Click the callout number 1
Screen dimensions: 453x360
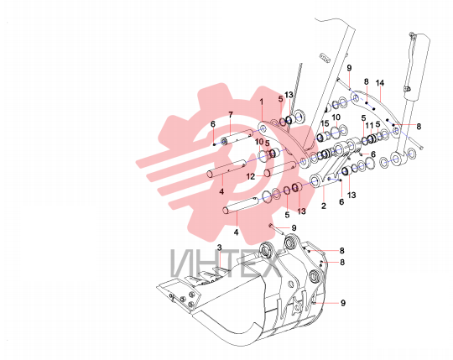[262, 102]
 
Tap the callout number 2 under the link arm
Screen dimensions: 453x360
[324, 206]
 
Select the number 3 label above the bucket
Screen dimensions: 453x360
[220, 248]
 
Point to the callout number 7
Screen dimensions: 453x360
[230, 115]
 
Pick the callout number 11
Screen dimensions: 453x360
[369, 126]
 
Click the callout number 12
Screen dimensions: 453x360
[251, 176]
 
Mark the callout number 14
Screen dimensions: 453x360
[380, 83]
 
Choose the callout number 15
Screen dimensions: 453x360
[325, 123]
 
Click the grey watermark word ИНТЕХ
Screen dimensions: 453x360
[226, 263]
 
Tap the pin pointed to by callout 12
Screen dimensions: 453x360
[279, 169]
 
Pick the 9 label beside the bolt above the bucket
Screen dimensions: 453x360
[294, 228]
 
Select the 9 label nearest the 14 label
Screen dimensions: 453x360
[349, 68]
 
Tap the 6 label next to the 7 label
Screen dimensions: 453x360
[213, 124]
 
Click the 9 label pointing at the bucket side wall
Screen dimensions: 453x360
[343, 303]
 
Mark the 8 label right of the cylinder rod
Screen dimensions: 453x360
[419, 126]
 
